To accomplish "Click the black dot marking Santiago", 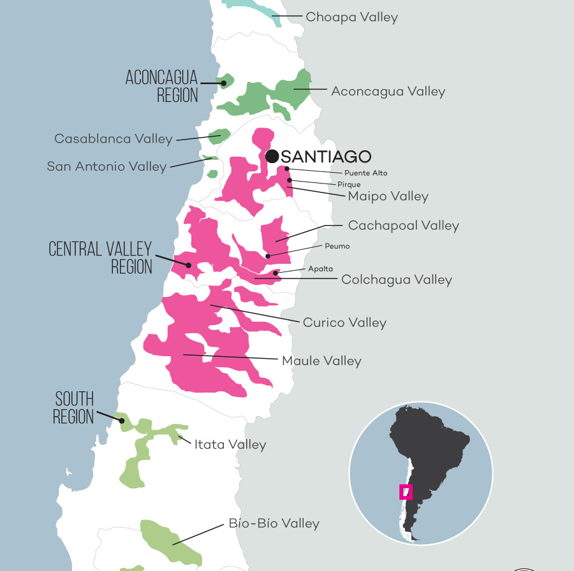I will click(272, 156).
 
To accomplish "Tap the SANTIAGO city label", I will click(326, 156).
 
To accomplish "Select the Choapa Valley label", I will click(351, 17).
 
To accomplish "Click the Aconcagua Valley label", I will click(388, 91).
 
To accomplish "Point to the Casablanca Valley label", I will click(114, 138).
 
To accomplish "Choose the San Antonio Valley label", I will click(107, 166).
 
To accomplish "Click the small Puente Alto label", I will click(365, 173).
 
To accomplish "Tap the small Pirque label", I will click(349, 185).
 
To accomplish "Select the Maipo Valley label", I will click(388, 196).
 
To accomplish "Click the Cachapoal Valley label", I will click(403, 226).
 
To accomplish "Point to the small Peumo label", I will click(337, 246).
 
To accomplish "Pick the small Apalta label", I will click(320, 269).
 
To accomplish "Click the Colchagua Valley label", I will click(397, 280).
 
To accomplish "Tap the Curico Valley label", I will click(344, 322).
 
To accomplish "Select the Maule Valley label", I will click(321, 361).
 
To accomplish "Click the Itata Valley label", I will click(230, 444).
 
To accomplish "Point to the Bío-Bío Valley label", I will click(274, 523).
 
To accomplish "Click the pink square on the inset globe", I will click(406, 492).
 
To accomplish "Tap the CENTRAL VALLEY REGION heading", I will click(101, 257).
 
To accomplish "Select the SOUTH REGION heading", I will click(74, 408).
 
